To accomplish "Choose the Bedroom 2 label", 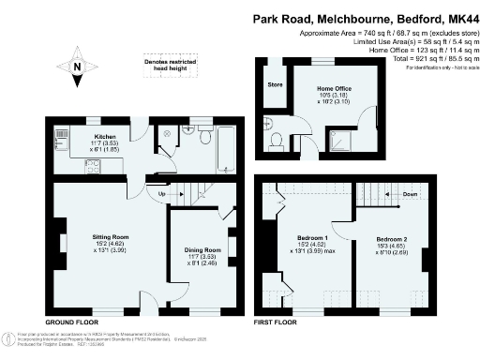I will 395,239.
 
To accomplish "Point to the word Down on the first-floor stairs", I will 409,195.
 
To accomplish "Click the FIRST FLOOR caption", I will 277,322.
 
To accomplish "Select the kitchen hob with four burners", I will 94,166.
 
